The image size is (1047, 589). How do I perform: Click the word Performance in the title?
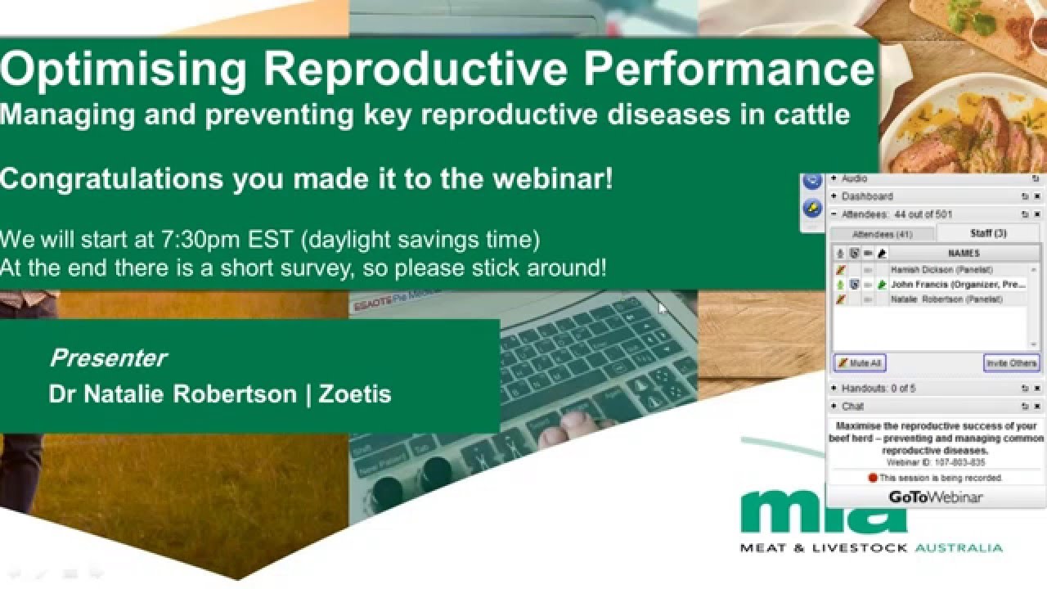point(729,70)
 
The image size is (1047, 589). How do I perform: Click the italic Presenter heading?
point(107,358)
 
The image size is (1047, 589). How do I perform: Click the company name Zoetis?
point(355,394)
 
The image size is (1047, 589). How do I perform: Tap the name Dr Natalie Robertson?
point(173,394)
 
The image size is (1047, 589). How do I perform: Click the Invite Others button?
point(1011,363)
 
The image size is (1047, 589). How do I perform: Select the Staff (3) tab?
point(988,234)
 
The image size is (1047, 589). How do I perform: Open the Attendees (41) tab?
point(882,234)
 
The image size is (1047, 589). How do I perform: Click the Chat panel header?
point(852,407)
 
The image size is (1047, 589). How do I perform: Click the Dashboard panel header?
point(867,196)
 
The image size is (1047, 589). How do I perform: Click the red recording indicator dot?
point(873,478)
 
